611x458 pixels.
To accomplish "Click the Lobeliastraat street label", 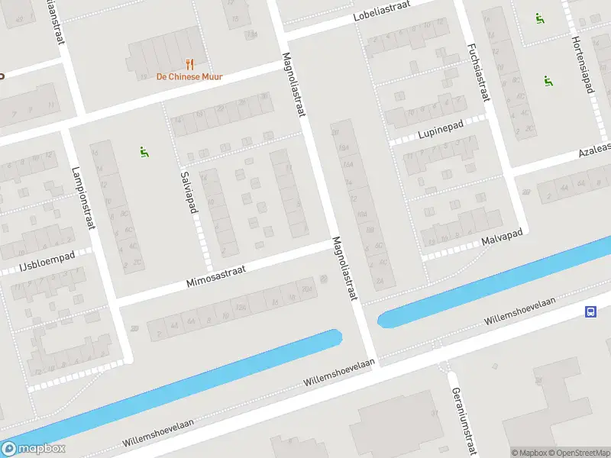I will (x=382, y=11).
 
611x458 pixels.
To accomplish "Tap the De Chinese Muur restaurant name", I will (x=189, y=76).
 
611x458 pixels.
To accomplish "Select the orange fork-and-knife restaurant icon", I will (x=189, y=64).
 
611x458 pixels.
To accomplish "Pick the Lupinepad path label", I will (x=441, y=134).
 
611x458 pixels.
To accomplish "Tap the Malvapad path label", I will (x=501, y=240).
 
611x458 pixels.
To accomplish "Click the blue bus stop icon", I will (x=591, y=311).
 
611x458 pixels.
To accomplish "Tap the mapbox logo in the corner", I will (x=34, y=449).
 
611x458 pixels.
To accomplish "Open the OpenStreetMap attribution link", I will (x=580, y=453).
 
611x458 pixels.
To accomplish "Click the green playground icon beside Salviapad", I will (x=144, y=152).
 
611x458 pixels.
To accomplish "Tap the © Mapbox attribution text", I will (x=530, y=453).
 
